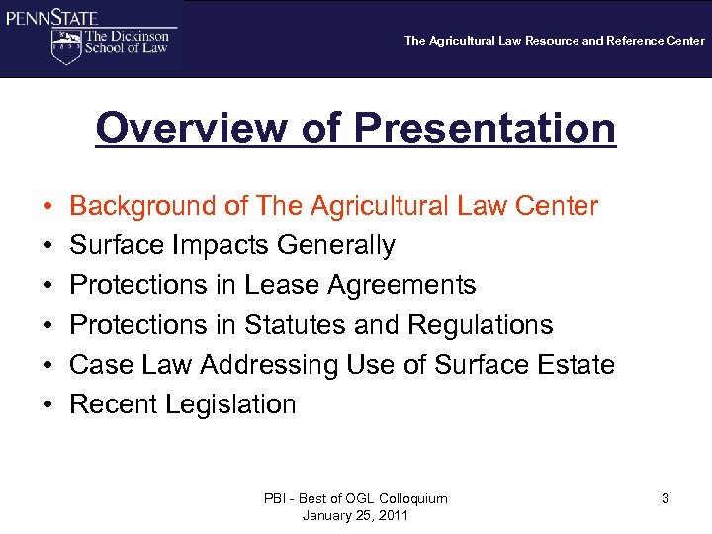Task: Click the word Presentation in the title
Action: click(485, 129)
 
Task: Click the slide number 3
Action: click(666, 499)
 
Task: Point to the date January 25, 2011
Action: click(356, 516)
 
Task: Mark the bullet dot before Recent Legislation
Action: click(47, 405)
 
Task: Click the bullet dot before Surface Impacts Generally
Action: click(47, 246)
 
